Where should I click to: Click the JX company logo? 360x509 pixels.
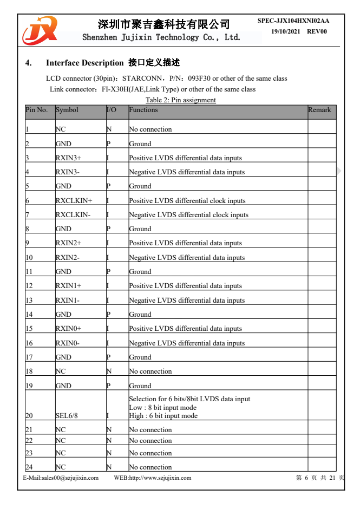point(39,31)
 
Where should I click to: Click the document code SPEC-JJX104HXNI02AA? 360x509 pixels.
point(293,21)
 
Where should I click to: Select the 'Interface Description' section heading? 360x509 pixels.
point(84,63)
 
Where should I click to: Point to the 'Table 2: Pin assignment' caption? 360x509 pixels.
point(180,100)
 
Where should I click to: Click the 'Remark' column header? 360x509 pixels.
point(319,110)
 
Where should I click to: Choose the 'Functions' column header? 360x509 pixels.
point(143,110)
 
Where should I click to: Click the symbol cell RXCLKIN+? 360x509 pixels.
point(74,201)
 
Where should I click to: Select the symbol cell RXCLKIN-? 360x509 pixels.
point(73,215)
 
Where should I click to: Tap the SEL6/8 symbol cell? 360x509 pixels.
point(68,416)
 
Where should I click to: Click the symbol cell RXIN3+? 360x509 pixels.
point(68,158)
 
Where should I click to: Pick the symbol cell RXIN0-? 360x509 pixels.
point(68,343)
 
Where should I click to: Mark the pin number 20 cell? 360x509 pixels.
point(29,416)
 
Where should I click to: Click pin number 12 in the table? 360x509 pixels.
point(29,286)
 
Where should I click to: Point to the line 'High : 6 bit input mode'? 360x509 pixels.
point(163,416)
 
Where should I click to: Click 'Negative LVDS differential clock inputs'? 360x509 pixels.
point(188,215)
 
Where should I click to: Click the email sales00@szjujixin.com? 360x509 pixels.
point(61,478)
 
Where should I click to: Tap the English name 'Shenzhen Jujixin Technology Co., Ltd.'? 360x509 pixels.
point(161,37)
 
